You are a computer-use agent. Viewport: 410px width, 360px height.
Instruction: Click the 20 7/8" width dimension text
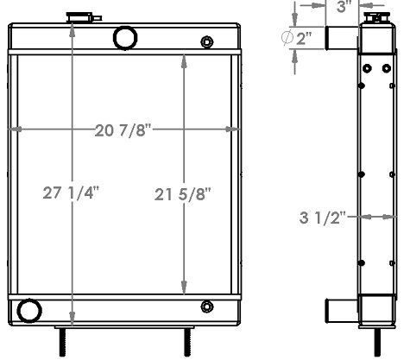123,131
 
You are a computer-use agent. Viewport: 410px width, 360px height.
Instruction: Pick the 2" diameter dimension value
305,37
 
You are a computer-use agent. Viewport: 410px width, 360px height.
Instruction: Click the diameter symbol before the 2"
288,37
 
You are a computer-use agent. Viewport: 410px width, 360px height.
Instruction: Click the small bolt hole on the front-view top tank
206,41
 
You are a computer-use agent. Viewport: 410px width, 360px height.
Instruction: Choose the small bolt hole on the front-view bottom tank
206,306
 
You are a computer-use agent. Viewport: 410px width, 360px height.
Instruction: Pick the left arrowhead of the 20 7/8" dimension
15,131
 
